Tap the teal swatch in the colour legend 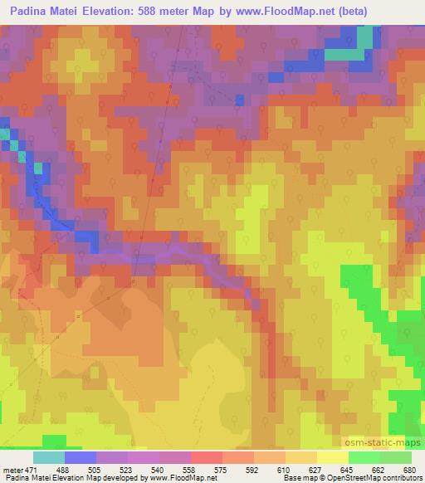click(48, 457)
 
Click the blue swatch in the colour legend click(80, 457)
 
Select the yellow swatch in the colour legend click(332, 457)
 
